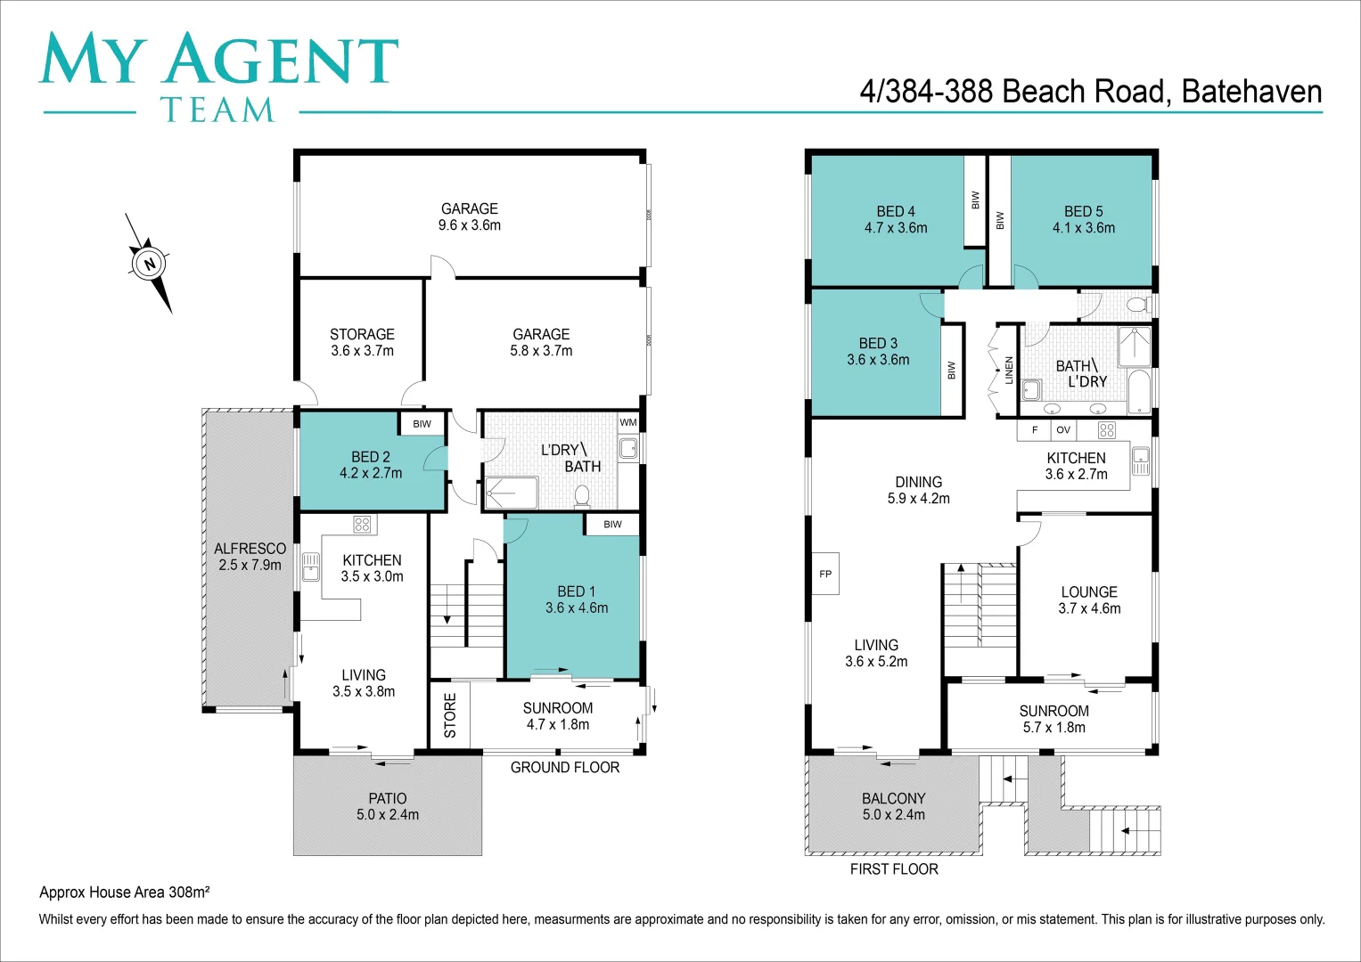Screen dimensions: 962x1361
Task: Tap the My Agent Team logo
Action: click(218, 77)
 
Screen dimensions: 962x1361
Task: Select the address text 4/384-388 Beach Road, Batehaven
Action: click(1090, 92)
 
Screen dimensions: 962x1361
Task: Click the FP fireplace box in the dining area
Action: click(825, 574)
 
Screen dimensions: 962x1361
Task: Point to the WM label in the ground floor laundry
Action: click(628, 422)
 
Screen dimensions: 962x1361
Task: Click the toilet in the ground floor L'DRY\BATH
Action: click(583, 495)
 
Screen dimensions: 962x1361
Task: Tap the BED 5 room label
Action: click(1083, 219)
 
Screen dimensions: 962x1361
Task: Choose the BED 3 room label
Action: click(878, 351)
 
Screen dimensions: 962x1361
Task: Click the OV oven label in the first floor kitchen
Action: click(1062, 429)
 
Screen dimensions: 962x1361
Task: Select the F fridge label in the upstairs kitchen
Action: click(1035, 429)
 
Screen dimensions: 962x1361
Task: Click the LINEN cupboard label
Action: click(1009, 370)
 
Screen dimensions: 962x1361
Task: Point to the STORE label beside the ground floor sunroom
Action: click(450, 715)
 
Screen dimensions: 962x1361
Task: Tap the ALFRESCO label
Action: click(250, 557)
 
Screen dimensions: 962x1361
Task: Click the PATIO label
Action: click(388, 806)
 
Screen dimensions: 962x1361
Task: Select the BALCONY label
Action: click(893, 806)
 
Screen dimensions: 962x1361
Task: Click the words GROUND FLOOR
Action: click(564, 767)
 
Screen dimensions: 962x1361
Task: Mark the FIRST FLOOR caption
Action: click(894, 868)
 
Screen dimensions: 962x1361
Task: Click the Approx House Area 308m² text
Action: click(125, 892)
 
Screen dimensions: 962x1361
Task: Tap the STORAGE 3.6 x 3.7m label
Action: click(362, 342)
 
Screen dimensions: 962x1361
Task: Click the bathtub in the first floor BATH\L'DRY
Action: click(1139, 392)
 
